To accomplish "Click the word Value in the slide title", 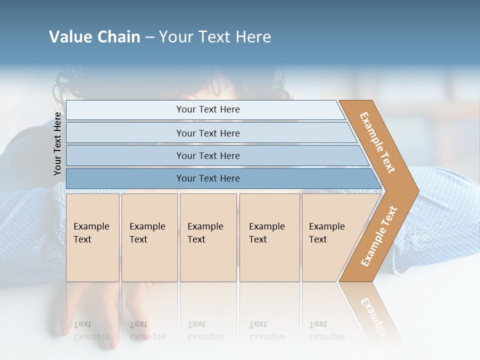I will point(70,37).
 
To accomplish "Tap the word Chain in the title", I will point(118,37).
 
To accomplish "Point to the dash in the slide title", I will point(149,37).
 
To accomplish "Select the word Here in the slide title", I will point(253,37).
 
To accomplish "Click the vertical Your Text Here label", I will point(57,143).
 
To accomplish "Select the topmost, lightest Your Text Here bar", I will point(207,109).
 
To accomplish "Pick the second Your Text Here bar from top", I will point(207,133).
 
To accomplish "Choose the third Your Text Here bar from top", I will point(207,155).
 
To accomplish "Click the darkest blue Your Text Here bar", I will point(207,178).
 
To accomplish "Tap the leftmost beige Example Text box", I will point(92,237).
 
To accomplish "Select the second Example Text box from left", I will point(149,237).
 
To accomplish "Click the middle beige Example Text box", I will point(207,237).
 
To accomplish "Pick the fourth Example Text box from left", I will point(269,237).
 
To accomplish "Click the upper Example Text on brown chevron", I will point(377,142).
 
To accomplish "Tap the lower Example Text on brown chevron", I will point(379,236).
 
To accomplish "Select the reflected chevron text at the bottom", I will point(375,315).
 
